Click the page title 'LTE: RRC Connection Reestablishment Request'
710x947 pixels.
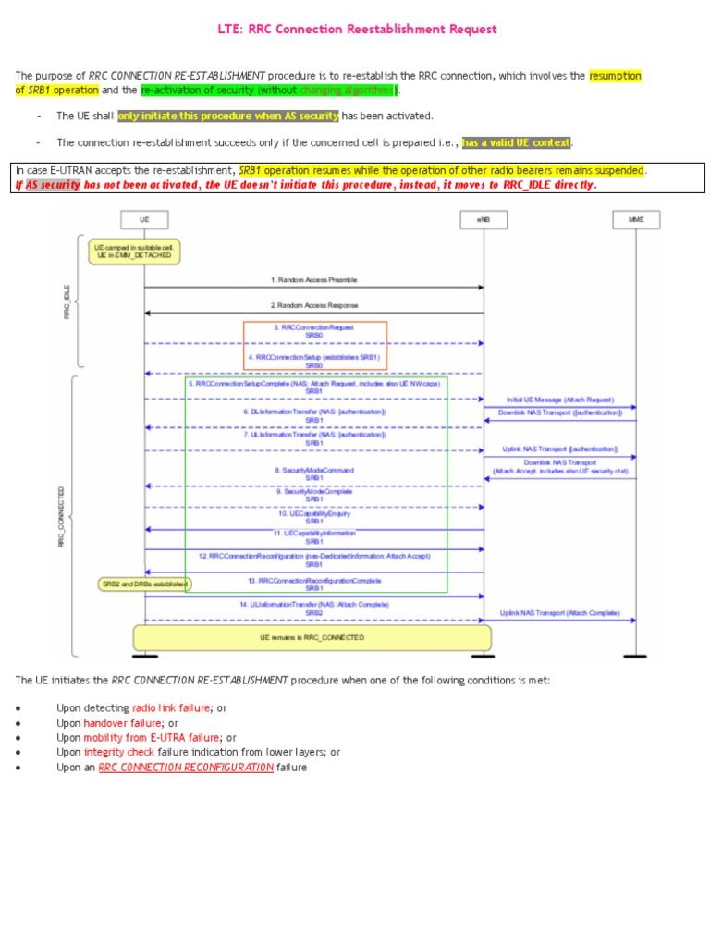point(357,30)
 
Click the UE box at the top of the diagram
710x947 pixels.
point(143,220)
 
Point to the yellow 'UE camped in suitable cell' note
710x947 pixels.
point(134,252)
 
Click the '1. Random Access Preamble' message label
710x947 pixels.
point(313,279)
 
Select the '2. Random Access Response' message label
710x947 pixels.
point(314,304)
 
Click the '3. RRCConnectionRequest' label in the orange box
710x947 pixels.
point(314,327)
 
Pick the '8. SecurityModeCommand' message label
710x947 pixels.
point(314,471)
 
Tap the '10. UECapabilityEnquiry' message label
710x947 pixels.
point(314,513)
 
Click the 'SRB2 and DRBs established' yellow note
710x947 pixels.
point(144,584)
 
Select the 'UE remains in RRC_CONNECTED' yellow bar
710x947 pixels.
point(312,637)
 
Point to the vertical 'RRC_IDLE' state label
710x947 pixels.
point(67,301)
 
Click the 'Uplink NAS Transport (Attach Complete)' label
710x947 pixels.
point(560,612)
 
